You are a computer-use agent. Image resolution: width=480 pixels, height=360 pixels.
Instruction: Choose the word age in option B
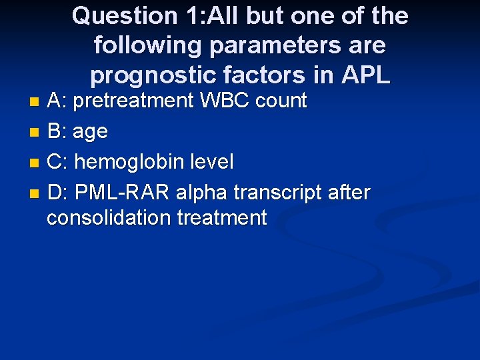[x=90, y=132]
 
